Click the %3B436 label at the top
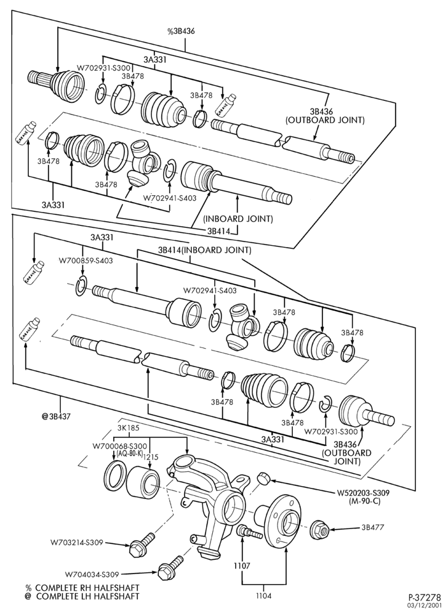tap(182, 32)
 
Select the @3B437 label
tap(56, 416)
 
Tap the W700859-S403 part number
tap(86, 260)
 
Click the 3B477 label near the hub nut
tap(374, 527)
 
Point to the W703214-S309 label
tap(76, 543)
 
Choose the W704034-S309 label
tap(92, 574)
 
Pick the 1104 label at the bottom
tap(263, 596)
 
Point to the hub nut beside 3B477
tap(320, 530)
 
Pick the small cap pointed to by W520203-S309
tap(263, 478)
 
